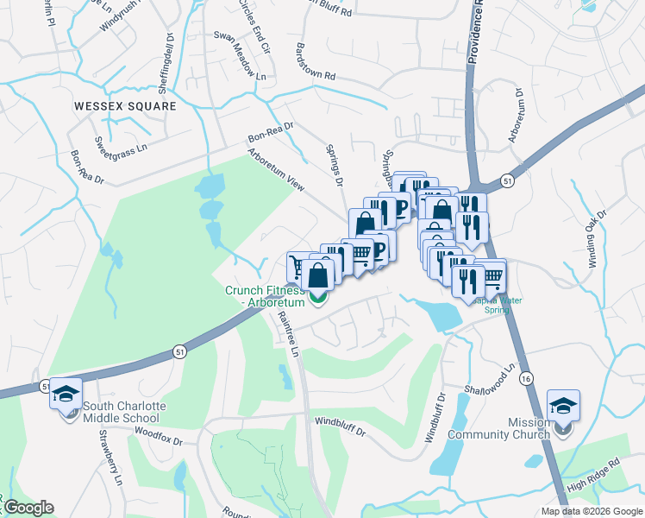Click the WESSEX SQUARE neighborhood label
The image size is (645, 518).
(124, 106)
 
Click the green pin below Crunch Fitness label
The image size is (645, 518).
(318, 299)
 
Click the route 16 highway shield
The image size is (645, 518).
(526, 377)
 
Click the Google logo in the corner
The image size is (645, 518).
(28, 508)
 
